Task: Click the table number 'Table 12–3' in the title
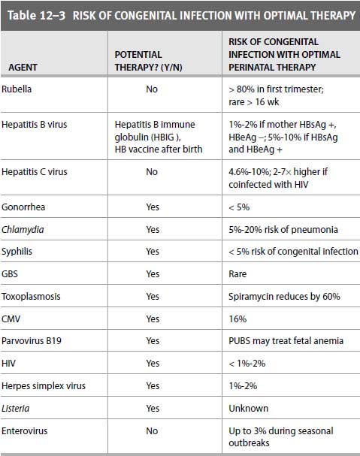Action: click(36, 16)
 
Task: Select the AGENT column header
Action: click(23, 68)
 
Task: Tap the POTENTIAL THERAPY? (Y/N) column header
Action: click(148, 61)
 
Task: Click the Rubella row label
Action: click(17, 89)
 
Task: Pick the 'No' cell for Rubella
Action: click(152, 89)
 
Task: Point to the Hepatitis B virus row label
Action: click(35, 125)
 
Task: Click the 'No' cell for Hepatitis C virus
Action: click(152, 171)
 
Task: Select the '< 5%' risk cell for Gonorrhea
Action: click(239, 207)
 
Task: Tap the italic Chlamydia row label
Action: click(23, 230)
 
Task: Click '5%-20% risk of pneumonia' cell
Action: click(283, 229)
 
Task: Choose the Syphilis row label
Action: click(17, 252)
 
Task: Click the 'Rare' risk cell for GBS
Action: click(237, 274)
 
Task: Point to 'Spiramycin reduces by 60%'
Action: click(284, 296)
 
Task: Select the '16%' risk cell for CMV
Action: click(237, 319)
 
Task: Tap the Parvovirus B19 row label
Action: click(32, 340)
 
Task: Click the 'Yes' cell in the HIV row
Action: click(153, 364)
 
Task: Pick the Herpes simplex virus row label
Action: click(44, 386)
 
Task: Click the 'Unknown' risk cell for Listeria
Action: click(248, 409)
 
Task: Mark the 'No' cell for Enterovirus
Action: click(152, 430)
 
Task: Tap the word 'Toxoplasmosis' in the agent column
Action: click(31, 297)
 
